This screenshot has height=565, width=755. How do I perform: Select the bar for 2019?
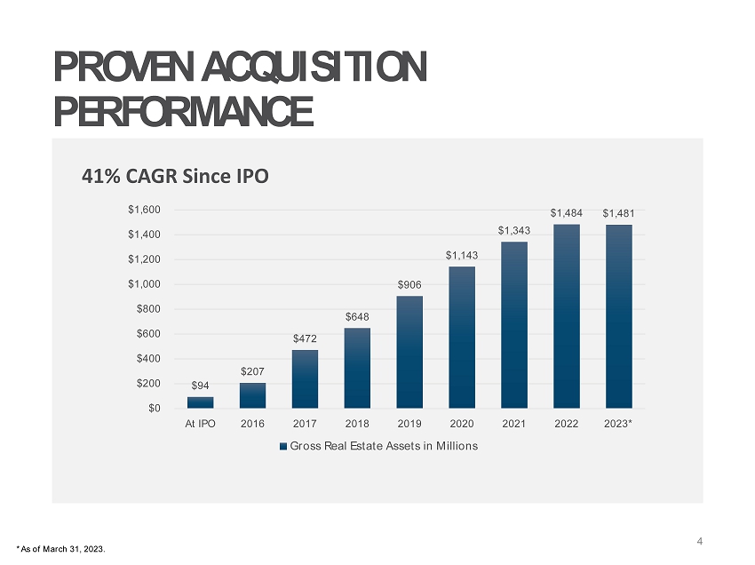pyautogui.click(x=409, y=352)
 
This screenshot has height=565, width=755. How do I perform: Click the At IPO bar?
pyautogui.click(x=200, y=402)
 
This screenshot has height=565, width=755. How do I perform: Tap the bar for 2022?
pyautogui.click(x=567, y=316)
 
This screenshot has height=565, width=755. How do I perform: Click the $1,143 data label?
pyautogui.click(x=462, y=255)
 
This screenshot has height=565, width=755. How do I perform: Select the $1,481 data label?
pyautogui.click(x=619, y=213)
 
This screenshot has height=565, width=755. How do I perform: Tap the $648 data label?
pyautogui.click(x=357, y=316)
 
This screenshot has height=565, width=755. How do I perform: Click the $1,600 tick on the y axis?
pyautogui.click(x=142, y=211)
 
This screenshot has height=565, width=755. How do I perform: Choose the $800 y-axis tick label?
pyautogui.click(x=147, y=309)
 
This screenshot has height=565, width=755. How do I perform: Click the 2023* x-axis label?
pyautogui.click(x=619, y=424)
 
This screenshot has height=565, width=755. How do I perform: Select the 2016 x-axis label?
pyautogui.click(x=252, y=424)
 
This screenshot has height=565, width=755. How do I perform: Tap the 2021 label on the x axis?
pyautogui.click(x=514, y=424)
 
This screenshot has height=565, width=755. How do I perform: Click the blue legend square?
pyautogui.click(x=283, y=446)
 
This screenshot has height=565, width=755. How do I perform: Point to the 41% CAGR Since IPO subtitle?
pyautogui.click(x=174, y=176)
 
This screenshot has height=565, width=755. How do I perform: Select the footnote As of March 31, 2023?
pyautogui.click(x=61, y=549)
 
